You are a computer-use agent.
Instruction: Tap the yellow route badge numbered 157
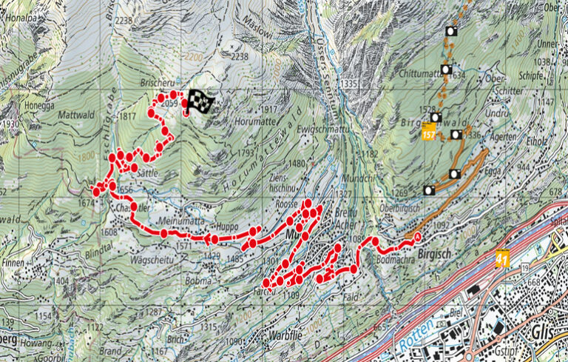428,134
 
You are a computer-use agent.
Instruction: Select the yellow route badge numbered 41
503,259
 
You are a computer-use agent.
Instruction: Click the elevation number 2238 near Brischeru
239,56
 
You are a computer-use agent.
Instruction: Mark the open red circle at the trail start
416,237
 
